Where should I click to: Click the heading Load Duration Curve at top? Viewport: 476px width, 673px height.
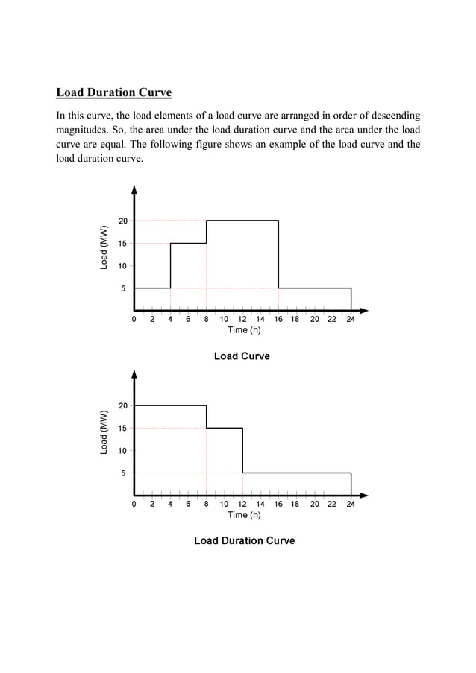coord(114,93)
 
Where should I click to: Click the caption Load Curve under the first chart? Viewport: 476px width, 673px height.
coord(242,356)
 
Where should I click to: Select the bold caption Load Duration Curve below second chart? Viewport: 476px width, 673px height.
coord(244,540)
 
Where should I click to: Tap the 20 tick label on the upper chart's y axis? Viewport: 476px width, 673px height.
coord(122,221)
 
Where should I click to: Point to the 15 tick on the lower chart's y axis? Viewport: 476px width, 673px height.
coord(122,428)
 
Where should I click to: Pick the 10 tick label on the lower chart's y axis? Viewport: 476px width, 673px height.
coord(122,450)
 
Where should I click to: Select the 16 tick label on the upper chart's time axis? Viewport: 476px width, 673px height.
coord(278,320)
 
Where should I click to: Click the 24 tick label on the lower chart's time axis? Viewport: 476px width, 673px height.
coord(351,505)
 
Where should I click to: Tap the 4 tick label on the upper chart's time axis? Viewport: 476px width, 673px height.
coord(170,320)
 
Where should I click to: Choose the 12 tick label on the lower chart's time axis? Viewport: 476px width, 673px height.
coord(242,505)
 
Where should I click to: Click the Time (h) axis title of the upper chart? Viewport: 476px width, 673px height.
coord(244,330)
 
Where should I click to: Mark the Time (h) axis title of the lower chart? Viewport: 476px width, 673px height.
coord(244,515)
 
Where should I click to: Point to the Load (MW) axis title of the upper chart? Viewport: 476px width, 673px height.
coord(104,247)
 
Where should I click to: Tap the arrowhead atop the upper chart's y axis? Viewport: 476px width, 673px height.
coord(134,189)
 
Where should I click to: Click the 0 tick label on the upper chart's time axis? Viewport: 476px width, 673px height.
coord(134,320)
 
